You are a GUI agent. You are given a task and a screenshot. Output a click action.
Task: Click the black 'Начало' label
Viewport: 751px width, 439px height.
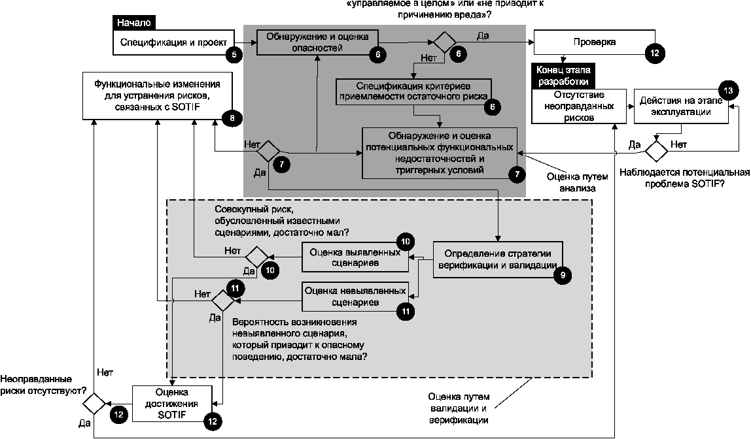(134, 22)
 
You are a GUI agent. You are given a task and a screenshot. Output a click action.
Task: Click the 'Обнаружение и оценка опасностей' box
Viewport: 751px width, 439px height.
(318, 42)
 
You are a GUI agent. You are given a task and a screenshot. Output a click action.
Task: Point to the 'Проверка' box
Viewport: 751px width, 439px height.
(594, 42)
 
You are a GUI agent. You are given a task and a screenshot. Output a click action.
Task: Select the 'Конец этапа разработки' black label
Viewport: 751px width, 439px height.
(557, 76)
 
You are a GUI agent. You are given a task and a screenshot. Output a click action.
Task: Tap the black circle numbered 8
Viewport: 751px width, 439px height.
(232, 118)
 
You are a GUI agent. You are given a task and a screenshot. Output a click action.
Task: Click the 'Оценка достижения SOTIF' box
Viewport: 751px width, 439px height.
(171, 404)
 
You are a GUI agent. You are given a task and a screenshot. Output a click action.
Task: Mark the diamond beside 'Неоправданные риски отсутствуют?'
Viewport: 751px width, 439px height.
(94, 403)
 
